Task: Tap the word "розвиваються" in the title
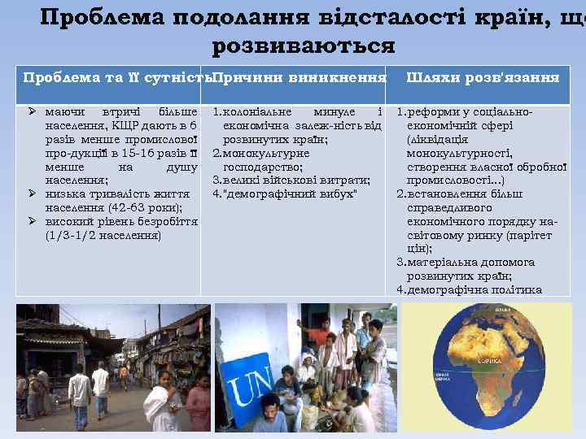click(303, 45)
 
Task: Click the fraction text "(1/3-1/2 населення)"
click(103, 236)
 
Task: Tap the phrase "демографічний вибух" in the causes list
click(293, 193)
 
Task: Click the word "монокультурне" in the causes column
click(265, 152)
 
